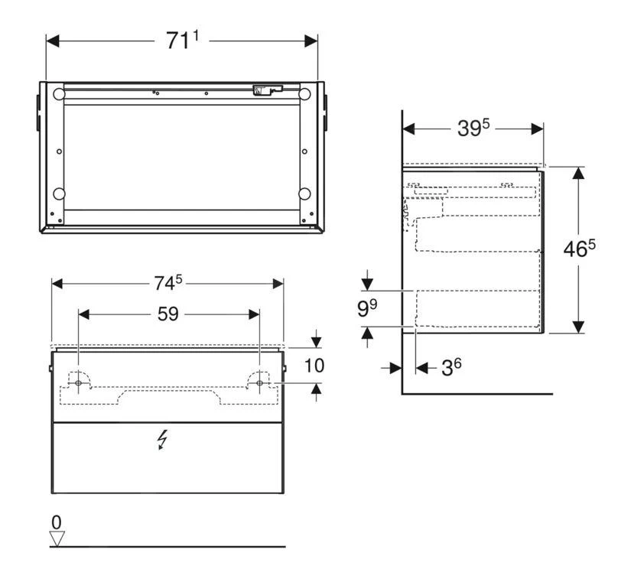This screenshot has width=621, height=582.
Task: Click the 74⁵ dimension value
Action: tap(168, 283)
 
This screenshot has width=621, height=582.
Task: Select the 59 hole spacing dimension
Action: tap(167, 314)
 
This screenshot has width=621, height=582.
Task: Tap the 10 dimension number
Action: tap(314, 366)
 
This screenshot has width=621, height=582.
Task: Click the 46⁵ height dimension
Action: tap(580, 250)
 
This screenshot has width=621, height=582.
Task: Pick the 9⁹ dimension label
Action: tap(369, 309)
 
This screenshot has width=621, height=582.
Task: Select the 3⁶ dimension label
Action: tap(451, 368)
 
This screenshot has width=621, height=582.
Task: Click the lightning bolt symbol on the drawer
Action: tap(162, 440)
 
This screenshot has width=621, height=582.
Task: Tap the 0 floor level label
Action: tap(56, 522)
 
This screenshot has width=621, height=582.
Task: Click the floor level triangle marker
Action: tap(57, 538)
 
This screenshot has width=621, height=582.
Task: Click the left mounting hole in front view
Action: tap(78, 382)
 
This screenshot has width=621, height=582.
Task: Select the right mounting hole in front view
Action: tap(259, 382)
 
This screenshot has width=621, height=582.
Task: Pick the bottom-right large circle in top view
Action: tap(304, 193)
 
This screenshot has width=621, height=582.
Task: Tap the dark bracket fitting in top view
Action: tap(264, 90)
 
